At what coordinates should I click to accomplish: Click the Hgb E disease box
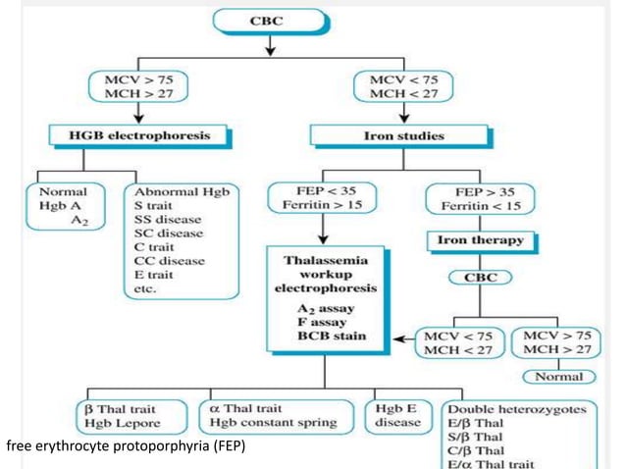click(x=398, y=415)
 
